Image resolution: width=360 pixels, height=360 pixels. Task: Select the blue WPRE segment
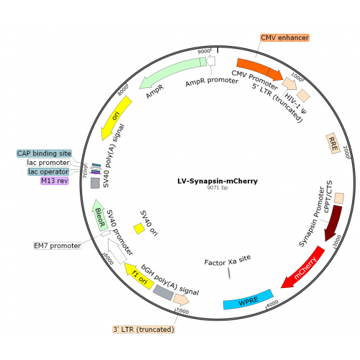[x=248, y=300]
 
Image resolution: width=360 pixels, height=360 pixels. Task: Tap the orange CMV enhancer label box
[x=285, y=37]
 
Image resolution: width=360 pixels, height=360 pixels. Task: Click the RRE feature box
[x=333, y=143]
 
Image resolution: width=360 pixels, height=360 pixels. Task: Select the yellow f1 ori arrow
[x=140, y=276]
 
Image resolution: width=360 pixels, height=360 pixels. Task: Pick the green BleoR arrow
[x=99, y=215]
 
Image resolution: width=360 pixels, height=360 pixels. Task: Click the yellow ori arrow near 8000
[x=116, y=118]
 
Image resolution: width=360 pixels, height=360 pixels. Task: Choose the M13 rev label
[x=55, y=181]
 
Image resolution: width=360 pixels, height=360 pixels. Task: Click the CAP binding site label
[x=45, y=153]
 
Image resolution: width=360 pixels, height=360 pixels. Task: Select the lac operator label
[x=48, y=171]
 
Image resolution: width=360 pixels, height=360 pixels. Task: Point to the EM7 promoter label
[x=58, y=246]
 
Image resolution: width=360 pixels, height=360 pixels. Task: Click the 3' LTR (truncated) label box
[x=144, y=329]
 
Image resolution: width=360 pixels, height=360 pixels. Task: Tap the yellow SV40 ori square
[x=139, y=228]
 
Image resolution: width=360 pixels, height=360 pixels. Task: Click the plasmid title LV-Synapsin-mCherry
[x=217, y=181]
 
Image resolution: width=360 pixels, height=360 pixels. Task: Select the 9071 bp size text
[x=217, y=188]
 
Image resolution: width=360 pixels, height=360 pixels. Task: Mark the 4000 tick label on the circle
[x=272, y=303]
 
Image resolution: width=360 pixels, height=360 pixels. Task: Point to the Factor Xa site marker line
[x=229, y=273]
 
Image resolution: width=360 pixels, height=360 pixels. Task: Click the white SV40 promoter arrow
[x=117, y=251]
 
